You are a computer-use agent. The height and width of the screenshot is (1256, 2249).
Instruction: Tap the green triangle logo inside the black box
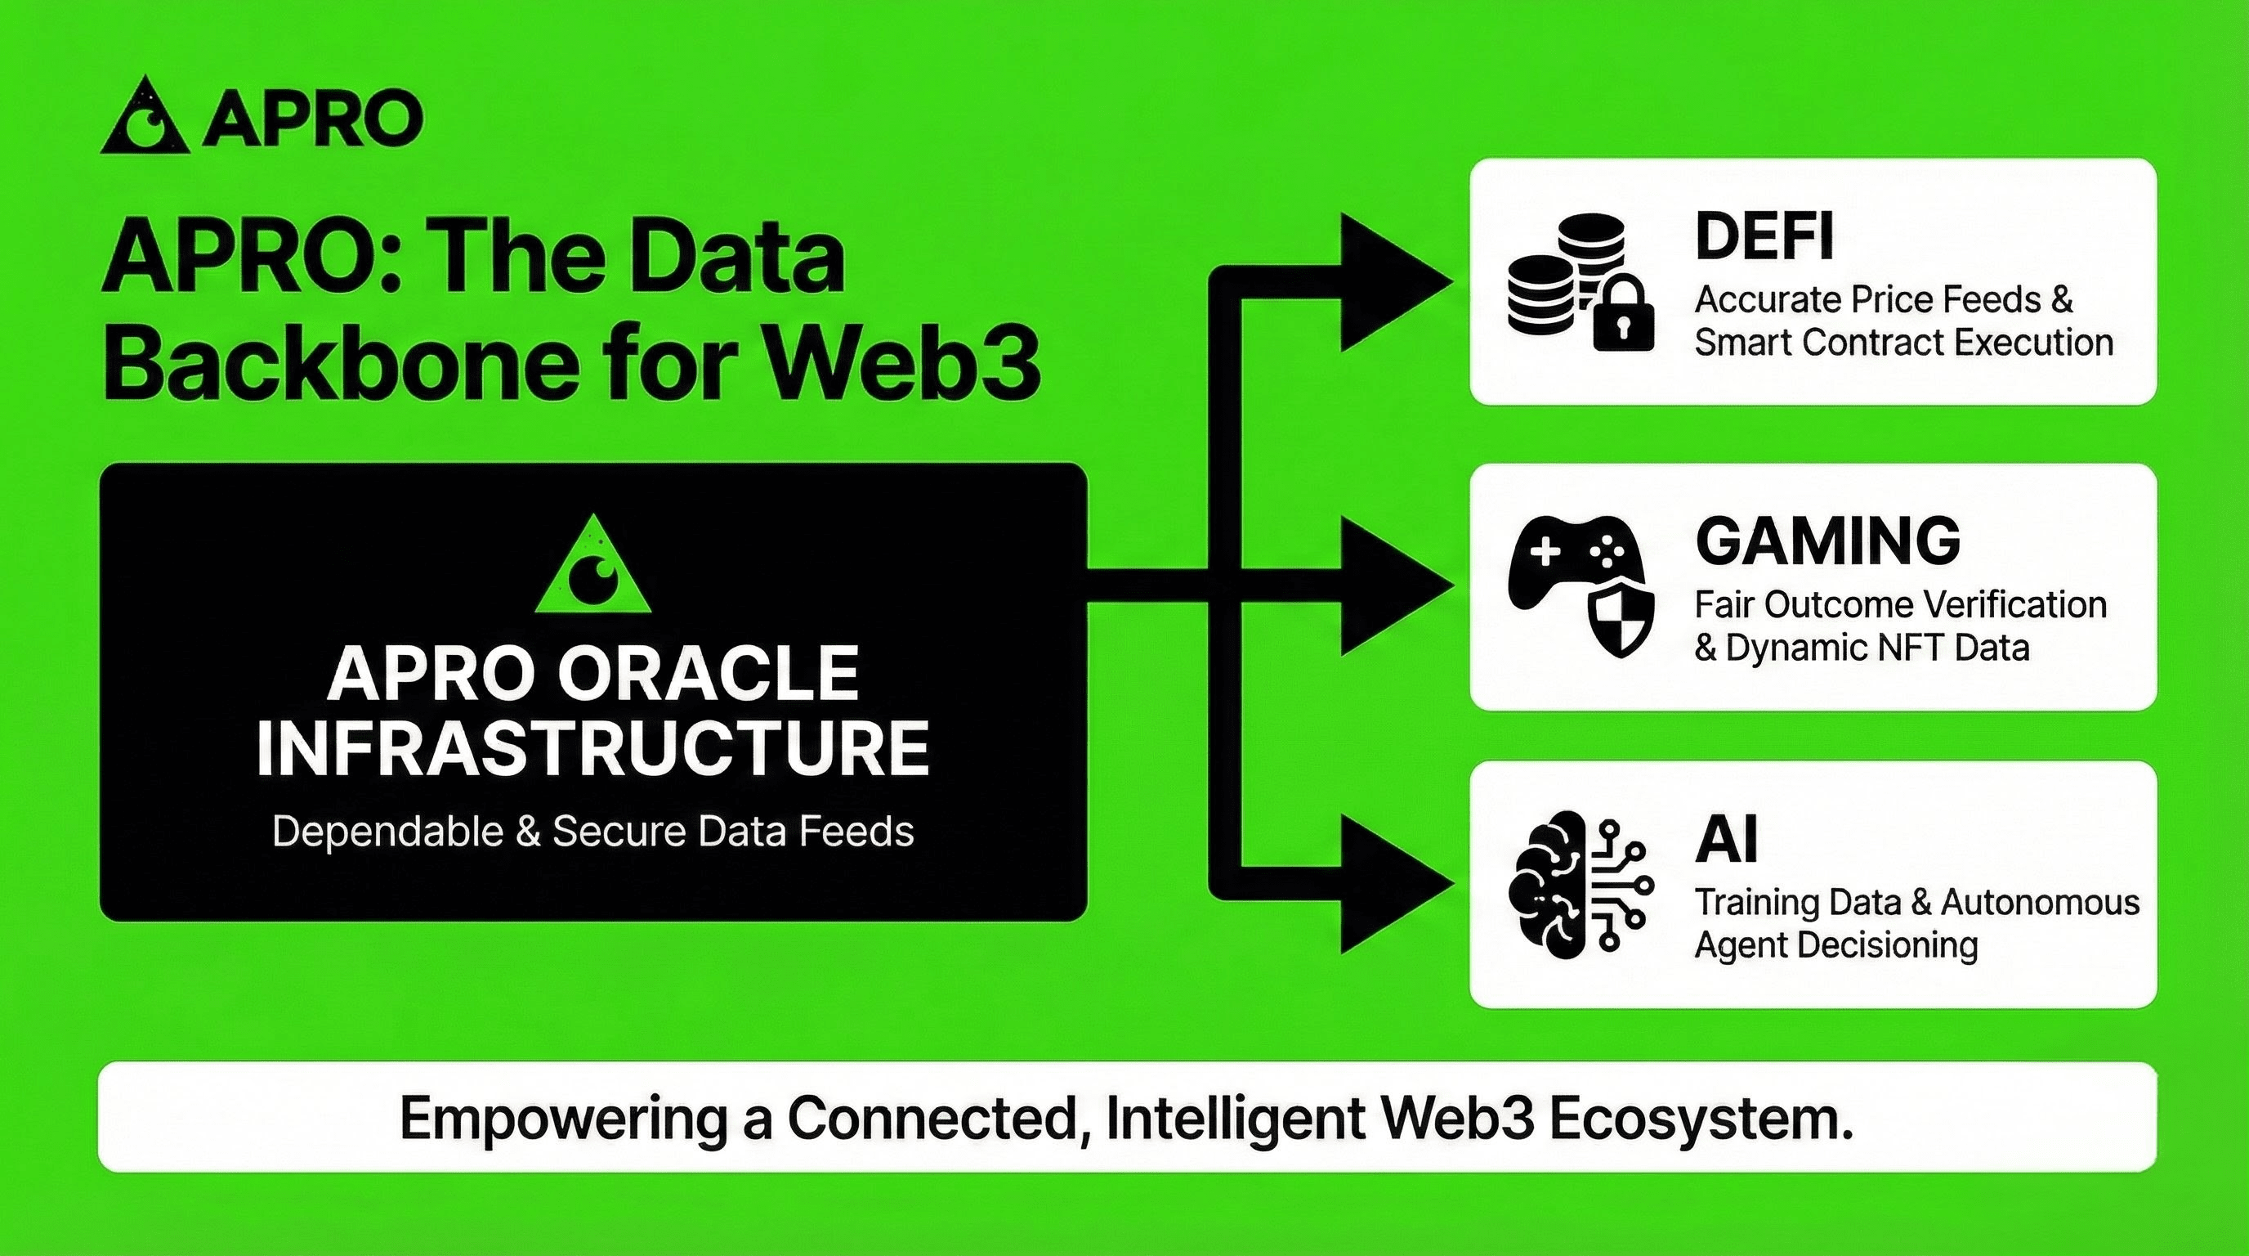click(x=592, y=563)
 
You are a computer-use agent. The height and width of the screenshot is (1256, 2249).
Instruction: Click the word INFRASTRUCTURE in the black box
click(x=592, y=747)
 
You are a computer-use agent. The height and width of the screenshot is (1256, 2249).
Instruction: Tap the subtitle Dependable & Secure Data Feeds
click(x=592, y=831)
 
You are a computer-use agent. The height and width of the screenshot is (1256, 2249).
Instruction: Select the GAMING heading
click(x=1828, y=540)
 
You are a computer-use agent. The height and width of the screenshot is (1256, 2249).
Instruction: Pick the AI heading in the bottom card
click(x=1726, y=838)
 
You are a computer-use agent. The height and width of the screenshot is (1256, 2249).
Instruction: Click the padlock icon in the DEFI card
click(x=1623, y=316)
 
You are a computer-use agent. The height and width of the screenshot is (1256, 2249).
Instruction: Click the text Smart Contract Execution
click(x=1904, y=342)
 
